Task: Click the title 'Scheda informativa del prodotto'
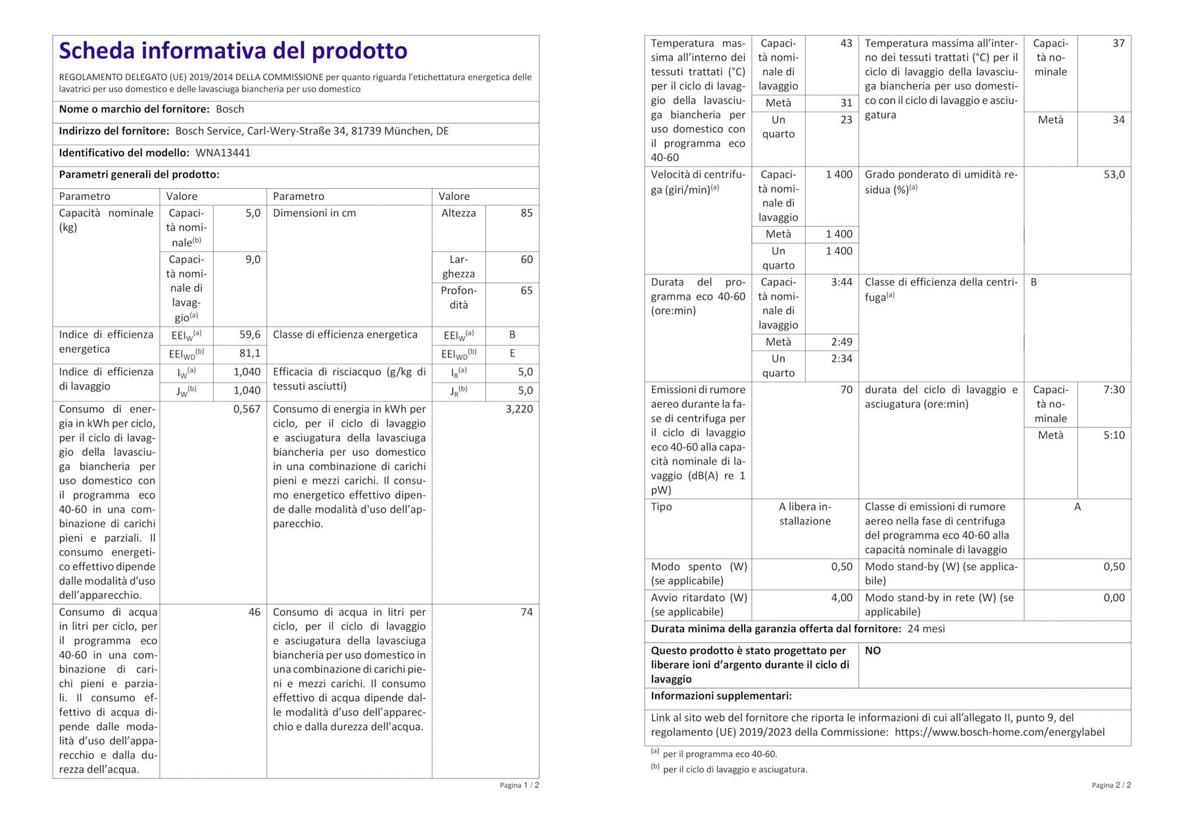click(233, 51)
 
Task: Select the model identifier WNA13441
click(223, 153)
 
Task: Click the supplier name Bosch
click(230, 109)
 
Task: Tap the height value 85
click(526, 213)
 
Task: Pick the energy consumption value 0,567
click(247, 409)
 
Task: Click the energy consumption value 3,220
click(519, 409)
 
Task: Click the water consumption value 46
click(254, 612)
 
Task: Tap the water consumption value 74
click(526, 612)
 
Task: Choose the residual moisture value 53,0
click(1114, 175)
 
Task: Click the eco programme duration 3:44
click(841, 282)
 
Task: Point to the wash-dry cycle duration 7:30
click(1114, 390)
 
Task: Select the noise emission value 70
click(846, 390)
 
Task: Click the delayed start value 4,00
click(841, 598)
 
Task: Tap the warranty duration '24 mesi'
click(925, 629)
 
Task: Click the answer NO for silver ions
click(872, 650)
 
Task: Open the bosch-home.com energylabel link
click(1000, 732)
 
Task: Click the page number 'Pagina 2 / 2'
click(1111, 785)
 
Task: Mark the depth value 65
click(526, 291)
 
